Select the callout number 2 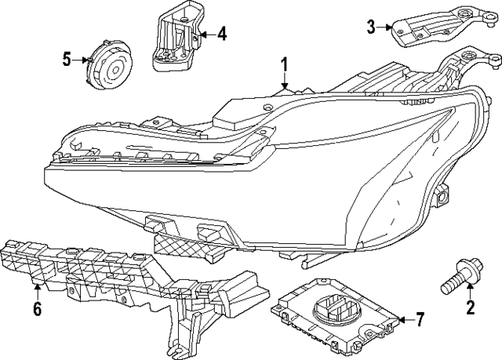point(471,307)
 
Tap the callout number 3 point(372,27)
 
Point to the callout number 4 point(222,34)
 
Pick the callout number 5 point(67,57)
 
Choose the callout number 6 point(36,309)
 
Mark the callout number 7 point(420,319)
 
